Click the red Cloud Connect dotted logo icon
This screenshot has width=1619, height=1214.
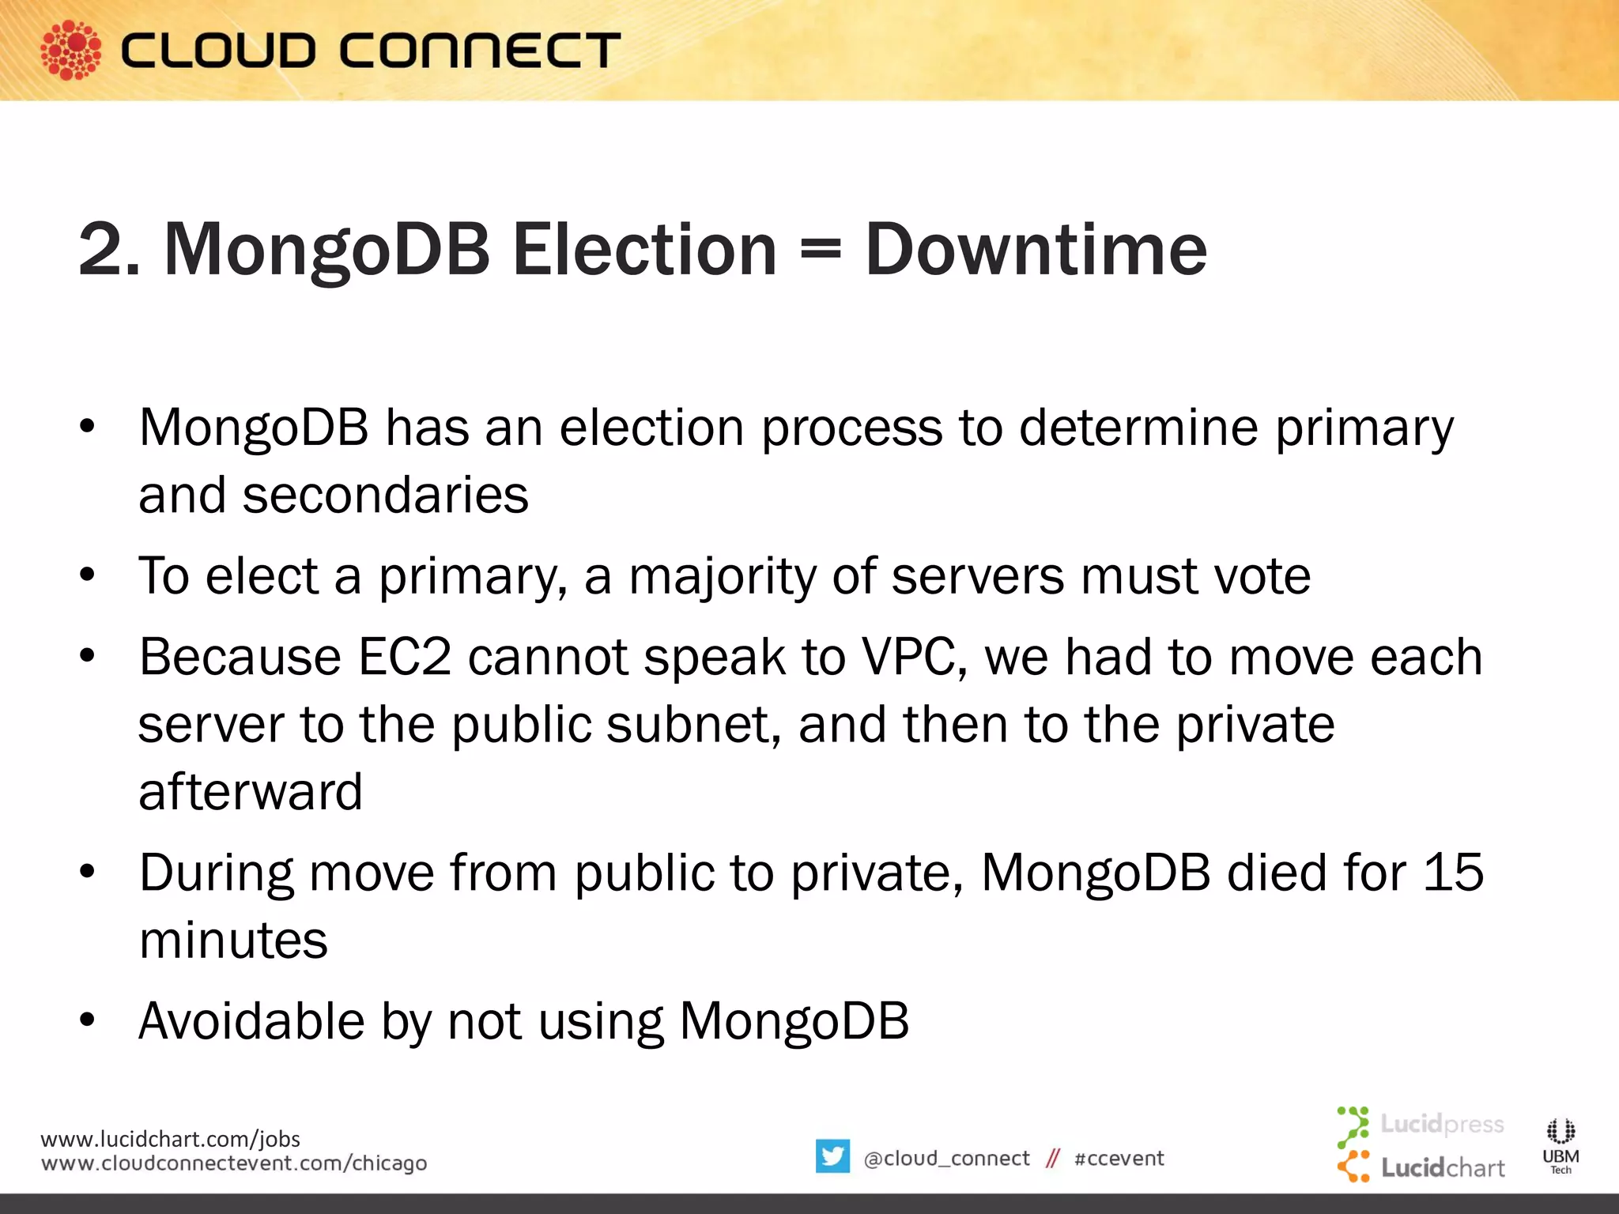[x=71, y=50]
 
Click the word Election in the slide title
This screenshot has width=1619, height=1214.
[x=644, y=250]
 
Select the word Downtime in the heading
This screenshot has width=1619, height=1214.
[x=1036, y=250]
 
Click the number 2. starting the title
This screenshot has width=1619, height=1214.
[x=110, y=250]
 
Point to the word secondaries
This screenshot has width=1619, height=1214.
[x=385, y=496]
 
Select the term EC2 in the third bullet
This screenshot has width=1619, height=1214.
[x=405, y=657]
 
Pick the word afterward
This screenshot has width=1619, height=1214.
[x=251, y=792]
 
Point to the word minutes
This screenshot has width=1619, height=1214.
[x=233, y=941]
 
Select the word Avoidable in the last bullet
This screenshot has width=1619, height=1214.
[x=251, y=1021]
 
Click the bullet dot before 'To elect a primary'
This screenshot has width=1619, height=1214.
[x=87, y=575]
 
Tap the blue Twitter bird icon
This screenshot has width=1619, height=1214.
[x=832, y=1156]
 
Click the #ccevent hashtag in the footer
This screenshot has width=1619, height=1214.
[x=1119, y=1159]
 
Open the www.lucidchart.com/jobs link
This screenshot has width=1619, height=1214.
[x=170, y=1139]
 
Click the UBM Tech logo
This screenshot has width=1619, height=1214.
[x=1561, y=1144]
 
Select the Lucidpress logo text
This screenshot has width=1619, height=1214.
[x=1442, y=1123]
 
